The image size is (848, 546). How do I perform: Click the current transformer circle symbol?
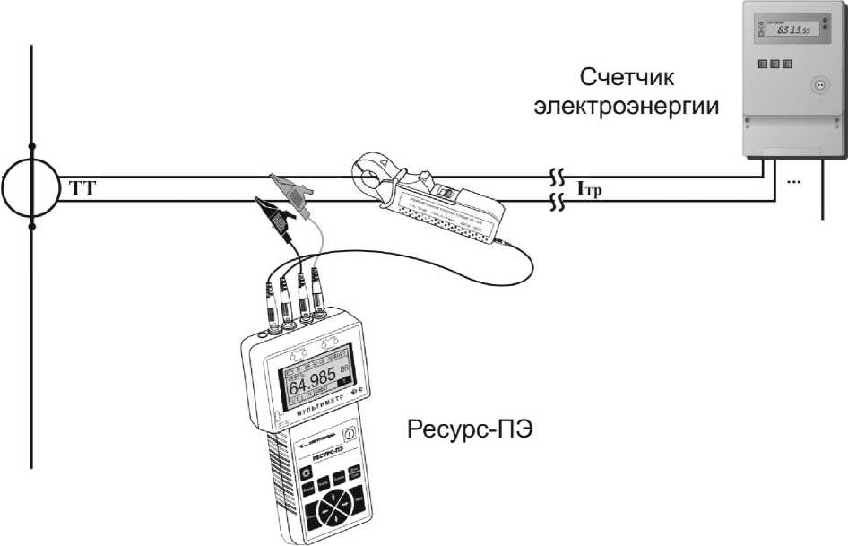pyautogui.click(x=32, y=189)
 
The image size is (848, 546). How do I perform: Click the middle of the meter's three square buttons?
pyautogui.click(x=774, y=65)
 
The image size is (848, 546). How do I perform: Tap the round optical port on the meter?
pyautogui.click(x=817, y=85)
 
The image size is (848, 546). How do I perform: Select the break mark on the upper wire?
pyautogui.click(x=557, y=177)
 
